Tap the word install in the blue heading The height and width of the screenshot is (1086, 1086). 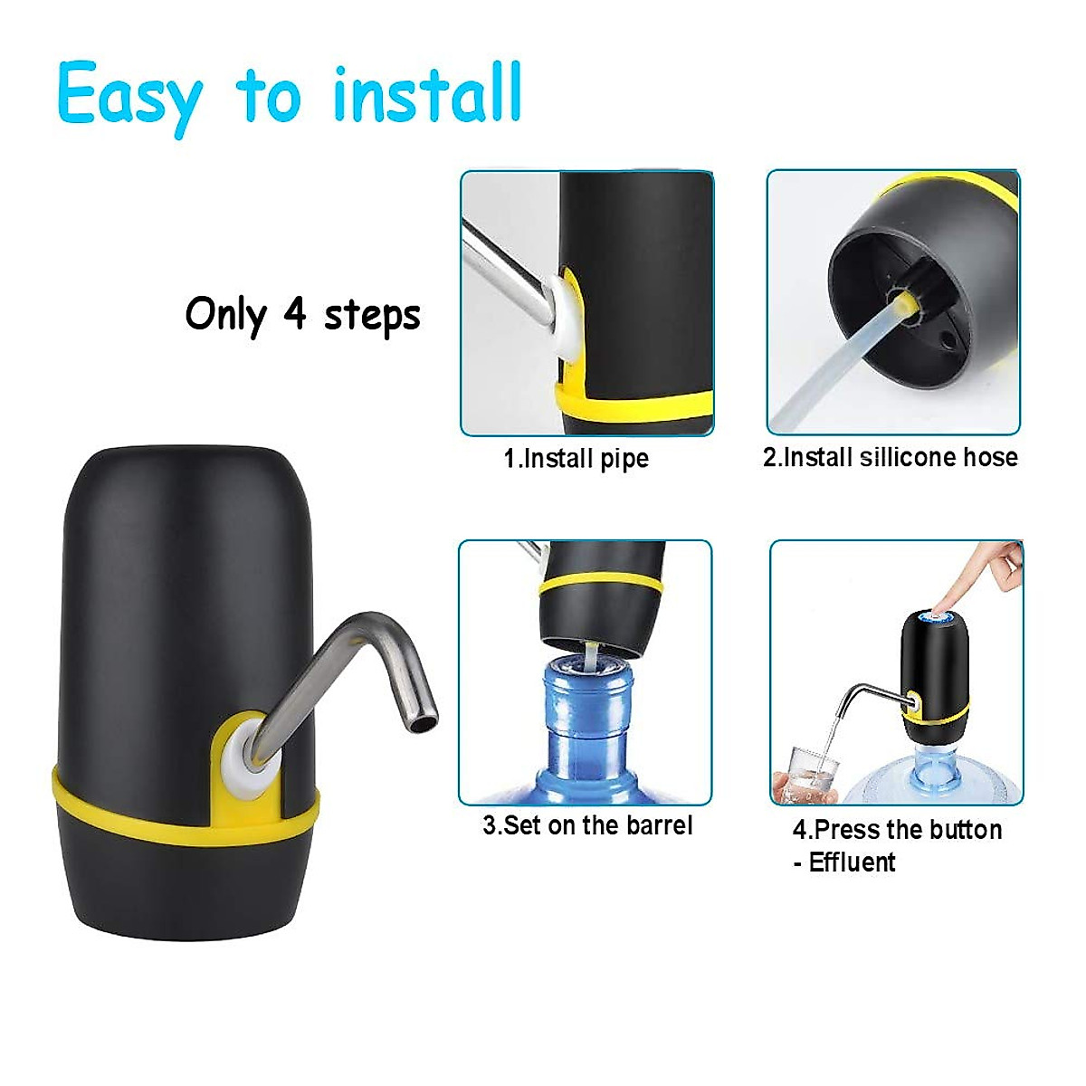427,94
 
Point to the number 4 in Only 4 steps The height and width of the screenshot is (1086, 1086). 295,314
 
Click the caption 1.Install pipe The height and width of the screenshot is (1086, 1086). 576,458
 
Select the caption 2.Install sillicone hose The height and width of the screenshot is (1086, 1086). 890,457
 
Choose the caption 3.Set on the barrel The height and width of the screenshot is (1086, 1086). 586,825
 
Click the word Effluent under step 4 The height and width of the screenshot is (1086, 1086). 852,862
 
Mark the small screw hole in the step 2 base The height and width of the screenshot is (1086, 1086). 947,340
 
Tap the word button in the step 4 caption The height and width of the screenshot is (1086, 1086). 967,830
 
